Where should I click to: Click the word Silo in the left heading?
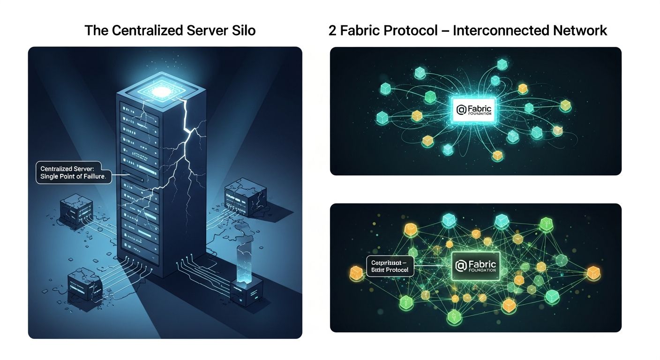point(242,31)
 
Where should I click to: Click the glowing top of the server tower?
point(161,90)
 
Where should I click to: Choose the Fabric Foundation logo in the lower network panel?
point(475,266)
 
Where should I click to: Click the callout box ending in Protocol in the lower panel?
point(390,266)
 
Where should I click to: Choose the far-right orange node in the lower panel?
point(594,272)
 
